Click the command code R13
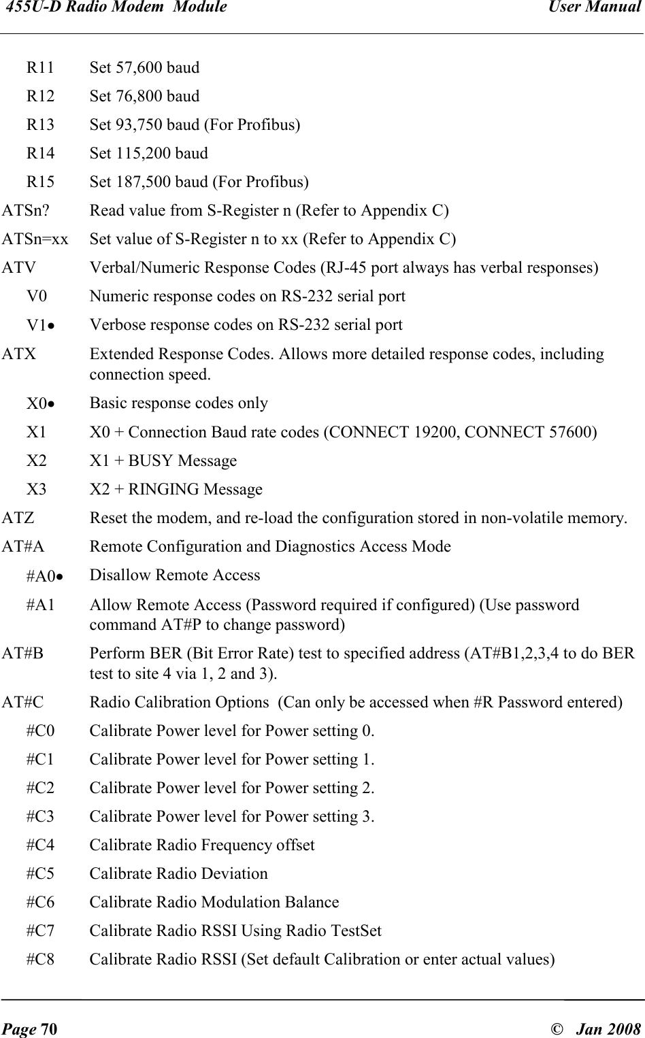click(41, 125)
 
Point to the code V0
click(37, 297)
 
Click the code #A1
click(41, 605)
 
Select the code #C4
click(41, 846)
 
